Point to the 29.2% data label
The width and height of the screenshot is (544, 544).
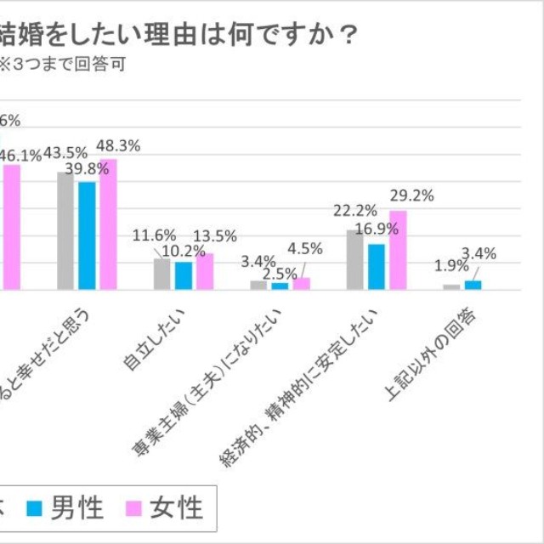coord(411,195)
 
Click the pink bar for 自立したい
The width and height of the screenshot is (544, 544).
coord(205,271)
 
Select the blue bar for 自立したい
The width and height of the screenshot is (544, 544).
coord(184,275)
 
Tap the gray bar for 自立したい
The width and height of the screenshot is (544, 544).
coord(162,274)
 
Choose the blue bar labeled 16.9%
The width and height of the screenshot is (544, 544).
coord(377,267)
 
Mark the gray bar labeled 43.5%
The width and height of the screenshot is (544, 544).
coord(65,230)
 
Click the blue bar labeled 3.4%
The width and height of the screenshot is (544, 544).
coord(473,285)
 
